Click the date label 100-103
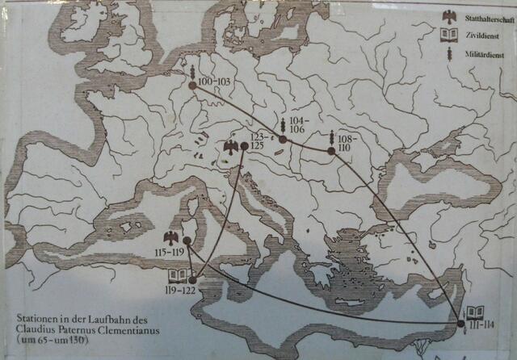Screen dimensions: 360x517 (213, 82)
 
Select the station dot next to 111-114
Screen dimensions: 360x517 (461, 323)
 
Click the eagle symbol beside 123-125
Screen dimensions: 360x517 (230, 147)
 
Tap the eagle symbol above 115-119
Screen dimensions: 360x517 (170, 237)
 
